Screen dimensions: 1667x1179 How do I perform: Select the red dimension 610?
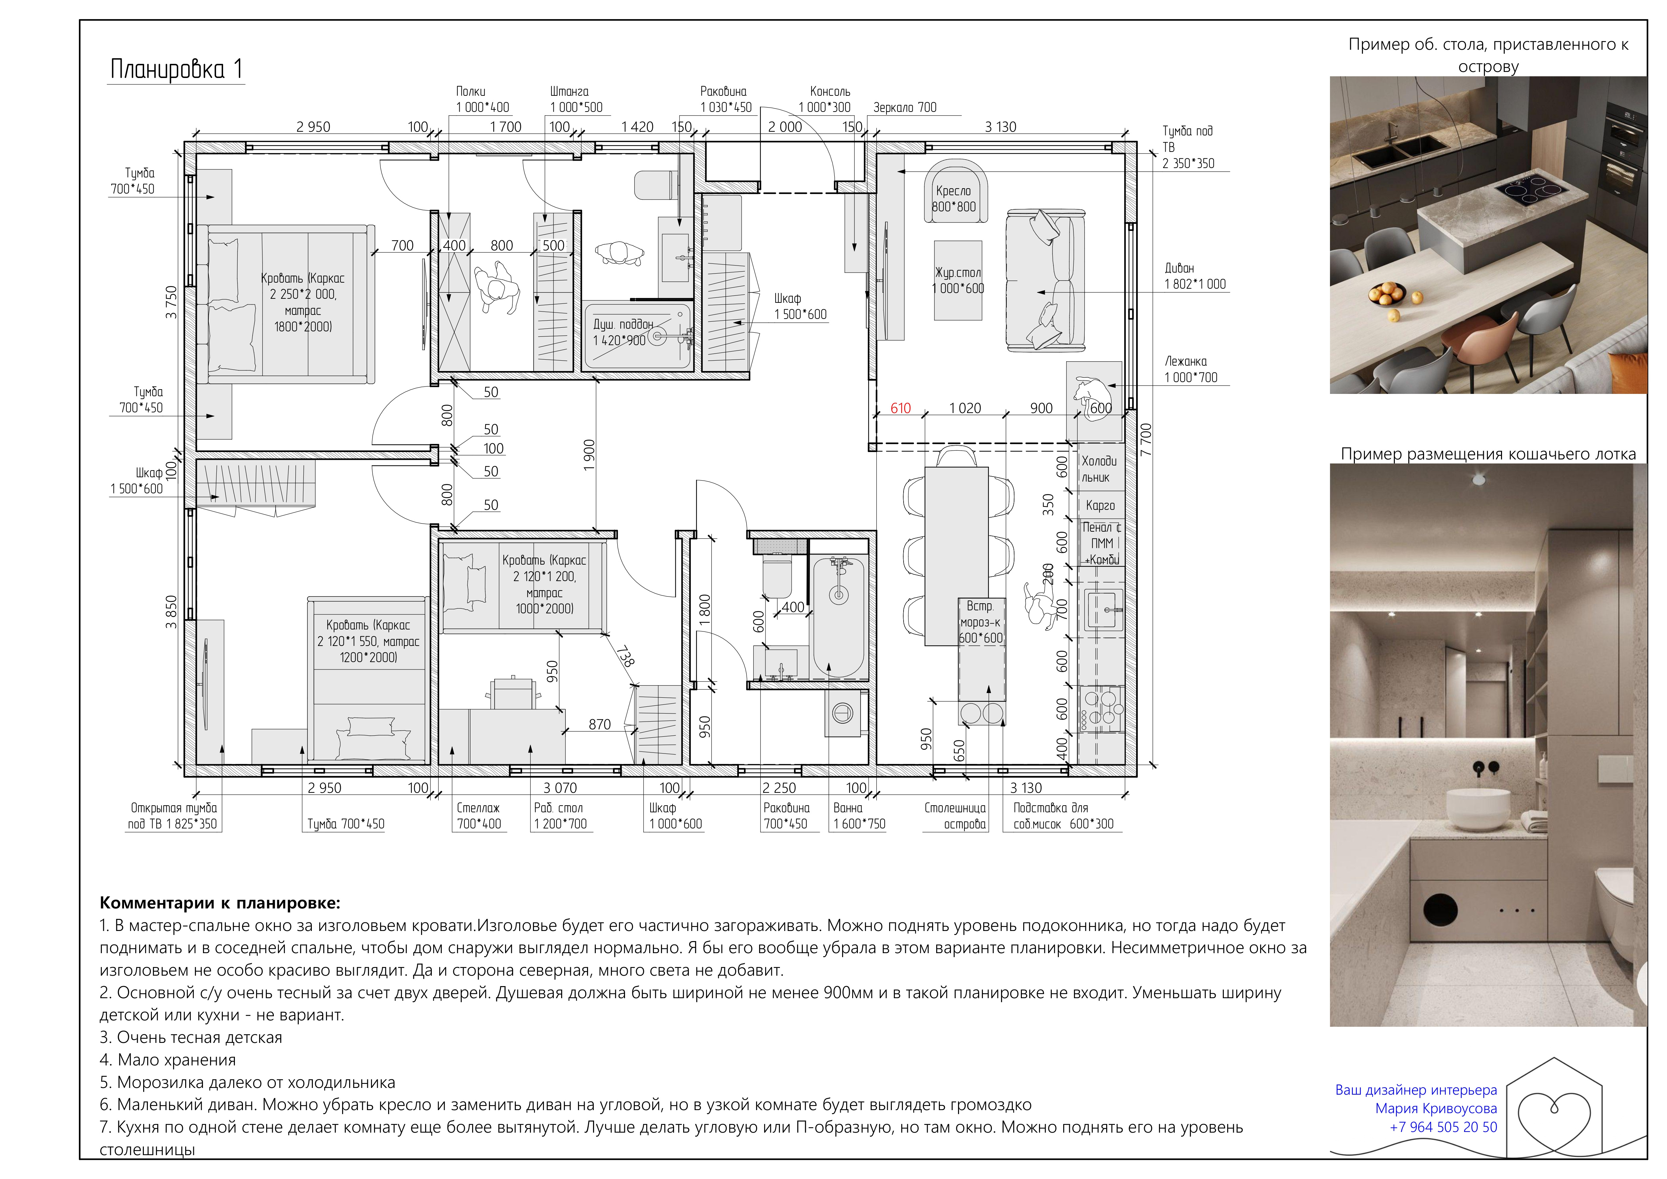coord(900,408)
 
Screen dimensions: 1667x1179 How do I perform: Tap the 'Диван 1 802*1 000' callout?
coord(1194,276)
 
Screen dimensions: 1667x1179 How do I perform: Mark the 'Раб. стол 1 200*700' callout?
coord(559,816)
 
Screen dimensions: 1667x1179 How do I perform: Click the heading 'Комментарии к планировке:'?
coord(220,903)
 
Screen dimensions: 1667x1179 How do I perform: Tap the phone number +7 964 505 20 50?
coord(1444,1127)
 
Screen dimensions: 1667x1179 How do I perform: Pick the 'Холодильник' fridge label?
coord(1099,469)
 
